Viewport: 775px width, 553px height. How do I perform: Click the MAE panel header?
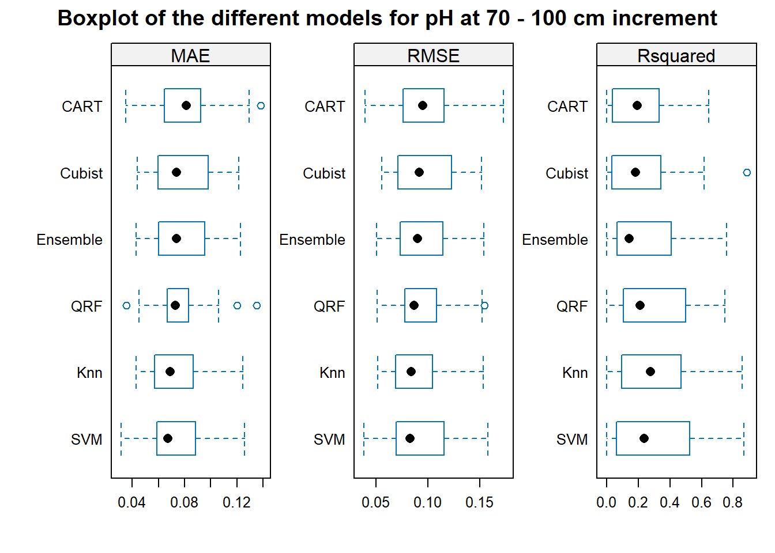point(191,55)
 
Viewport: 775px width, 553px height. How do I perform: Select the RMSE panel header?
point(434,55)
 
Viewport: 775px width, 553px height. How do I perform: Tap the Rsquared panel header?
point(676,55)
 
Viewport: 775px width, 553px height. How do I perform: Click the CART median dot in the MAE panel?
point(186,105)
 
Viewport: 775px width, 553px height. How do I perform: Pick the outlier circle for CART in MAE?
point(261,105)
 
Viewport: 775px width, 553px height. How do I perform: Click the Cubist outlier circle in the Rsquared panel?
point(747,172)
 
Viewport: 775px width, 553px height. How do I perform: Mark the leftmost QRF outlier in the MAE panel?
point(127,305)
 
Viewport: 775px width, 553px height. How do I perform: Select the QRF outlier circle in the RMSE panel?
point(485,305)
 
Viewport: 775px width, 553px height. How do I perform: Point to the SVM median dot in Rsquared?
point(644,438)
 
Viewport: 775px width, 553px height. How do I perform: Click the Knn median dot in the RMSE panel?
point(411,372)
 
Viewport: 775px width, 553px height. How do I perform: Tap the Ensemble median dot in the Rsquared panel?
point(629,238)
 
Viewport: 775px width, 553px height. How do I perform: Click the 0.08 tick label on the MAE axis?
point(184,502)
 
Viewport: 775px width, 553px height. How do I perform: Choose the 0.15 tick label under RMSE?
point(480,502)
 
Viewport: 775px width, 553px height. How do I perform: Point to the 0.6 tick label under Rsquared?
point(701,502)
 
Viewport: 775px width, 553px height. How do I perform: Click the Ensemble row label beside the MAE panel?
point(70,240)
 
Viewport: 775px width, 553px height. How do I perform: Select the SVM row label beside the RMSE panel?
point(329,440)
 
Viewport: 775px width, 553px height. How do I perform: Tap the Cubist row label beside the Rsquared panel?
point(567,173)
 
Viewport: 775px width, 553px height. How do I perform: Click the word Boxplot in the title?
point(98,18)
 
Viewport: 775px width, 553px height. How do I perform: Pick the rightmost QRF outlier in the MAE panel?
point(257,305)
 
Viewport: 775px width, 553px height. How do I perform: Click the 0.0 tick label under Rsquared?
point(606,502)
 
